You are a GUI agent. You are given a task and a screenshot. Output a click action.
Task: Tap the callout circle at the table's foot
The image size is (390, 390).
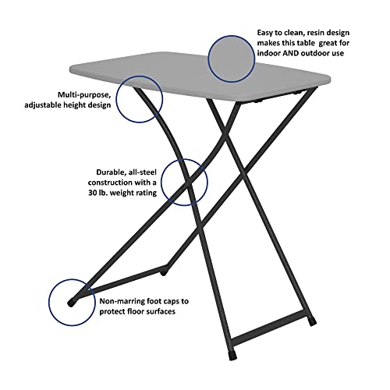tap(73, 303)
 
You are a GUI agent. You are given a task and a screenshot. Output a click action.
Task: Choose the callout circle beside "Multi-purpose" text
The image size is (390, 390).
tap(140, 99)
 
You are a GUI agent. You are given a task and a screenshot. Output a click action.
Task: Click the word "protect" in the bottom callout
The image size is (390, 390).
tap(113, 311)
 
